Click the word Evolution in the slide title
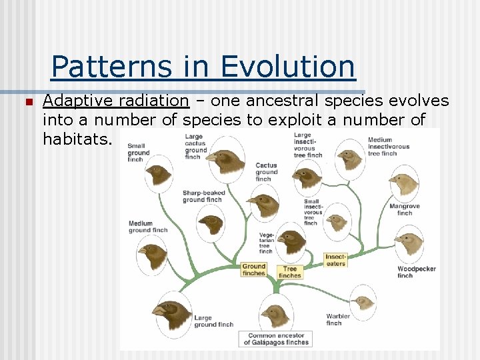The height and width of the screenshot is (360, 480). pos(287,67)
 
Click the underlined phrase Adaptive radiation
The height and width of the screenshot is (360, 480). pos(115,101)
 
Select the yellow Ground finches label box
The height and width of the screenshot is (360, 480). pos(254,270)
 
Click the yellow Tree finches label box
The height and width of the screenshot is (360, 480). pos(290,273)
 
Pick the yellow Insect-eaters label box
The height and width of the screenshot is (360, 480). pos(336,260)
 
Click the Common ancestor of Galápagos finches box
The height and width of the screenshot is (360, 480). pos(276,339)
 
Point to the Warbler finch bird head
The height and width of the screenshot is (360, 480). pos(364,302)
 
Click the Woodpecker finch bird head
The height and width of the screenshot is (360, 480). pos(409,244)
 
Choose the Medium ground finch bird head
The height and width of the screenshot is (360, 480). pos(153,255)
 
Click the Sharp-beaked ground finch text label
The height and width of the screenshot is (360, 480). pos(203,196)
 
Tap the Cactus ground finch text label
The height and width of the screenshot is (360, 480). pos(266,172)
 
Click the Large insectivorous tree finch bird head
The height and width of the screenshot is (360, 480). pos(349,158)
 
